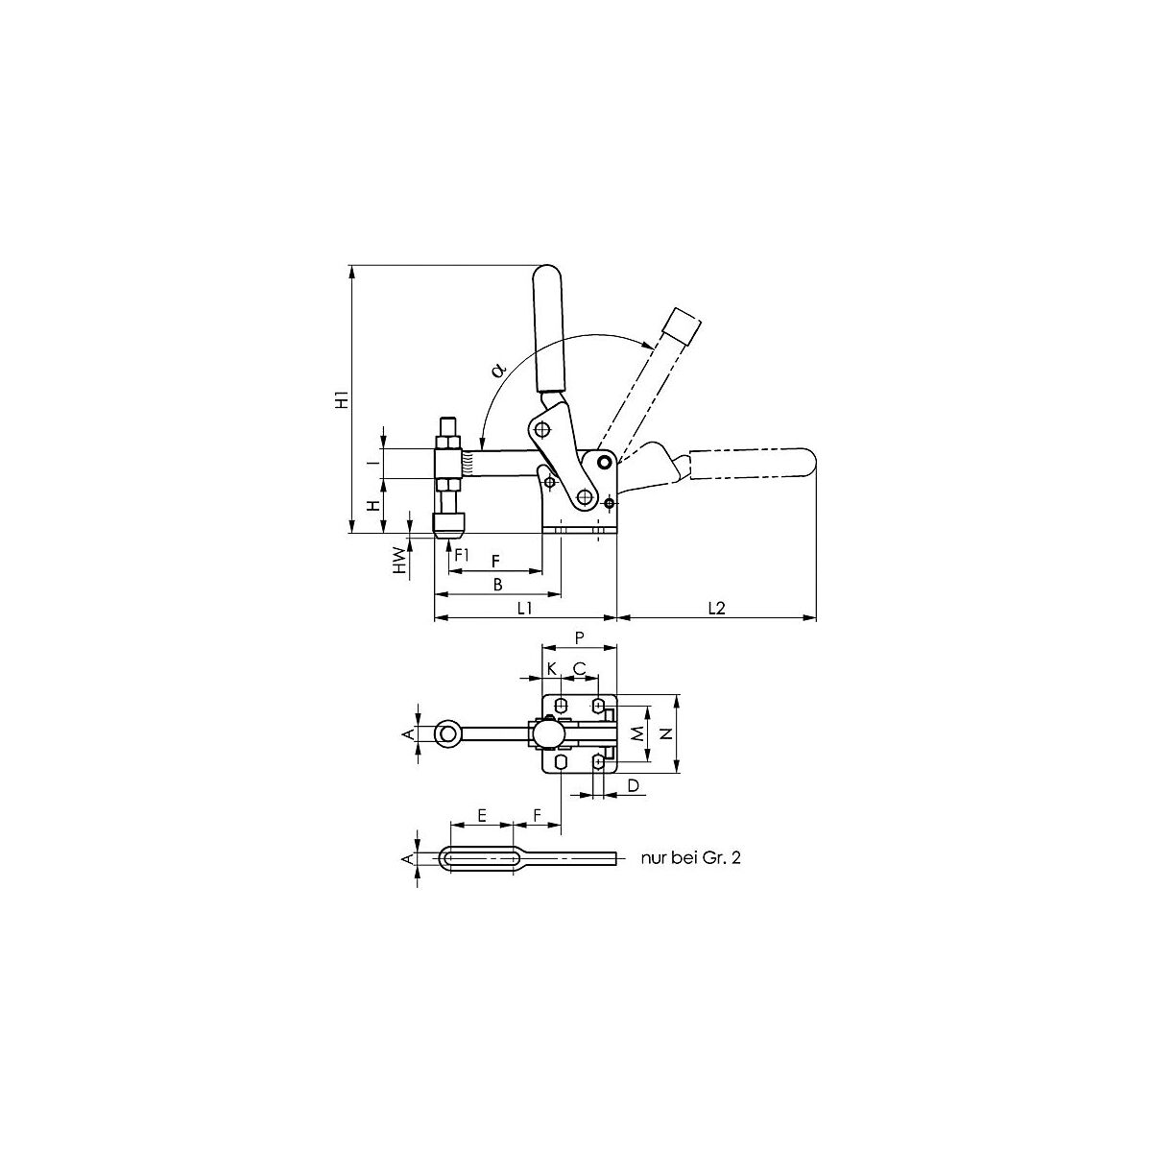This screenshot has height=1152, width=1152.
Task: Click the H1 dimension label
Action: point(342,398)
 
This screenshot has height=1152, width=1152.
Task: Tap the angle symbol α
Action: point(497,370)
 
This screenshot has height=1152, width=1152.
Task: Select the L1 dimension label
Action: point(524,608)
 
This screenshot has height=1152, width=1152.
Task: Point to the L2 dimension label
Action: point(716,608)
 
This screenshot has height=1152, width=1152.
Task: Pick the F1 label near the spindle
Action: point(461,554)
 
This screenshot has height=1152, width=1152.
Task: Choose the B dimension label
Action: point(497,584)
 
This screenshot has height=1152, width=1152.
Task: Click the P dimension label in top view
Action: point(579,637)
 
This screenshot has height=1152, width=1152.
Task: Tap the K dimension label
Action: point(552,668)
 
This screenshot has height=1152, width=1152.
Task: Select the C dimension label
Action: point(579,668)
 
